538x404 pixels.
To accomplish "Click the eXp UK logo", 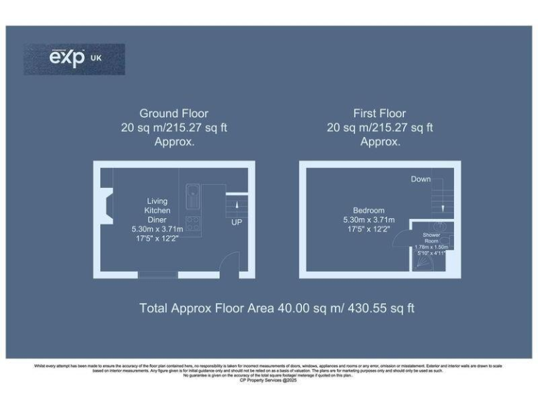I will click(74, 59).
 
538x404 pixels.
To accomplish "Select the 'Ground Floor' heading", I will click(174, 113).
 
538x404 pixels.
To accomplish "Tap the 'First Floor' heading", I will click(380, 113).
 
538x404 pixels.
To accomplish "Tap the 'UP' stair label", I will click(237, 222).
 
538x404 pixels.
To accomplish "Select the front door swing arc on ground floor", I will click(229, 264).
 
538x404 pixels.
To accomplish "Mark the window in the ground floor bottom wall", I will click(158, 274).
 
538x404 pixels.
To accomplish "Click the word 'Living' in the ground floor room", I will click(157, 201).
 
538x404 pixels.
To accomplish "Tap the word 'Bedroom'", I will click(368, 210).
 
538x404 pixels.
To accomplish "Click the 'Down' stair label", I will click(421, 180).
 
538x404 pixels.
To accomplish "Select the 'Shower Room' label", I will click(431, 238).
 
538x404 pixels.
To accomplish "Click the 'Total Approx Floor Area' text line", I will click(277, 308).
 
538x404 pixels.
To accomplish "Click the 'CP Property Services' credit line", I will click(268, 380).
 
